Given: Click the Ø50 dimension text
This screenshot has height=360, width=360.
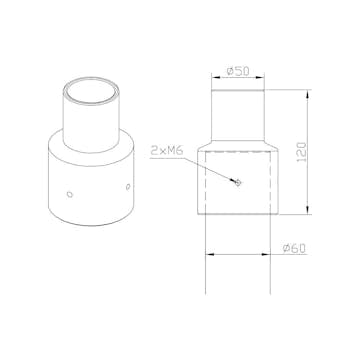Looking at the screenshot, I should [239, 71].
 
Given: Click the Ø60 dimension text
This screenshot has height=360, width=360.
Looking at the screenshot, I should [293, 247].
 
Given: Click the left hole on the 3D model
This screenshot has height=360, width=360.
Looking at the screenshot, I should [68, 194].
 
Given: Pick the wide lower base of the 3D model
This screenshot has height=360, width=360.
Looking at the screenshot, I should [90, 185].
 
